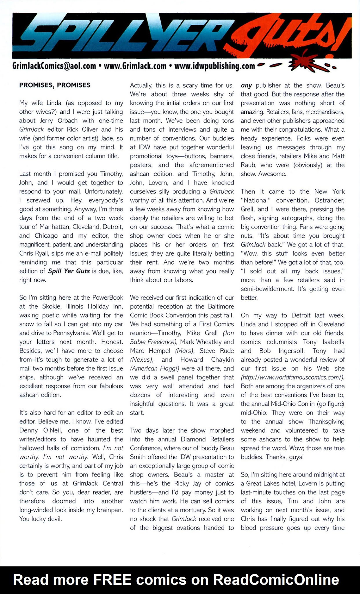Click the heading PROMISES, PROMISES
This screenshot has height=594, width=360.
(x=55, y=85)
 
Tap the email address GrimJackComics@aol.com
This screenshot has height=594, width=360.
(x=54, y=66)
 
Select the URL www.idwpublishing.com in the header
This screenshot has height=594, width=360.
(x=214, y=66)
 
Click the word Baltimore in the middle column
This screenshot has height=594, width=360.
(x=221, y=307)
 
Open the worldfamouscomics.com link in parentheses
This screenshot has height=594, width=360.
(x=292, y=377)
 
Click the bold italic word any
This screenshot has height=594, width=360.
(x=246, y=86)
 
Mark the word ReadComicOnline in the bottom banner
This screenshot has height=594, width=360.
(x=276, y=580)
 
